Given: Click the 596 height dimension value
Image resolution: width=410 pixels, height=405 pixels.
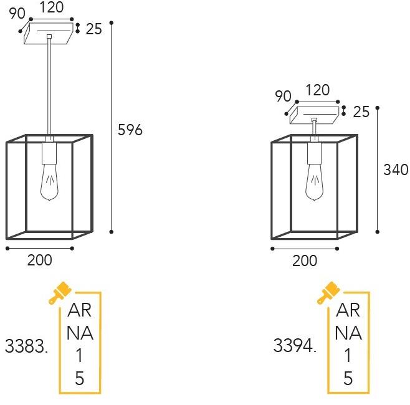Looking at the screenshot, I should click(x=130, y=130).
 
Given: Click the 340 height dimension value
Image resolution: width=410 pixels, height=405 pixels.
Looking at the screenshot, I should click(x=396, y=169).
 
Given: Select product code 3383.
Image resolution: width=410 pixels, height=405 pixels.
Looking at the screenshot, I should click(x=26, y=346).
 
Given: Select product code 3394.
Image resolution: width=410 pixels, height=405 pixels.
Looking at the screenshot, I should click(x=295, y=346).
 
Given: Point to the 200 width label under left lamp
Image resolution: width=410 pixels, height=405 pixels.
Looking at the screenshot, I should click(x=39, y=260).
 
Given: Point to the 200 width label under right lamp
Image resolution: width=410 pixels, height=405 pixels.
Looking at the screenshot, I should click(x=304, y=261).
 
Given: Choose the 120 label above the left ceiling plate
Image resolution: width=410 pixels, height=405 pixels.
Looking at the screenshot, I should click(x=52, y=8).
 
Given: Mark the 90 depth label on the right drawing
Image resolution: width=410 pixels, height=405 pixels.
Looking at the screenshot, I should click(x=283, y=96).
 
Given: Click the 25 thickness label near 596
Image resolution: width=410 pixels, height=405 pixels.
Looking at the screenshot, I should click(x=93, y=29).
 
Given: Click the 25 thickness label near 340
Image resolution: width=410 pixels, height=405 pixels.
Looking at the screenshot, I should click(x=361, y=112).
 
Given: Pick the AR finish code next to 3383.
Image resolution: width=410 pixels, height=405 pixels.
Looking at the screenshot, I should click(x=79, y=310).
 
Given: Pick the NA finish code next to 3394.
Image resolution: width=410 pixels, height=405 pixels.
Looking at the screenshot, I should click(x=348, y=333).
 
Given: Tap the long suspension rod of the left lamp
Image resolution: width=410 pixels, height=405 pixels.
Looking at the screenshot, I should click(x=49, y=87).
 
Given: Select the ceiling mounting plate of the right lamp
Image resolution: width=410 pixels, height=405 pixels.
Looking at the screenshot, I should click(x=315, y=112).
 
